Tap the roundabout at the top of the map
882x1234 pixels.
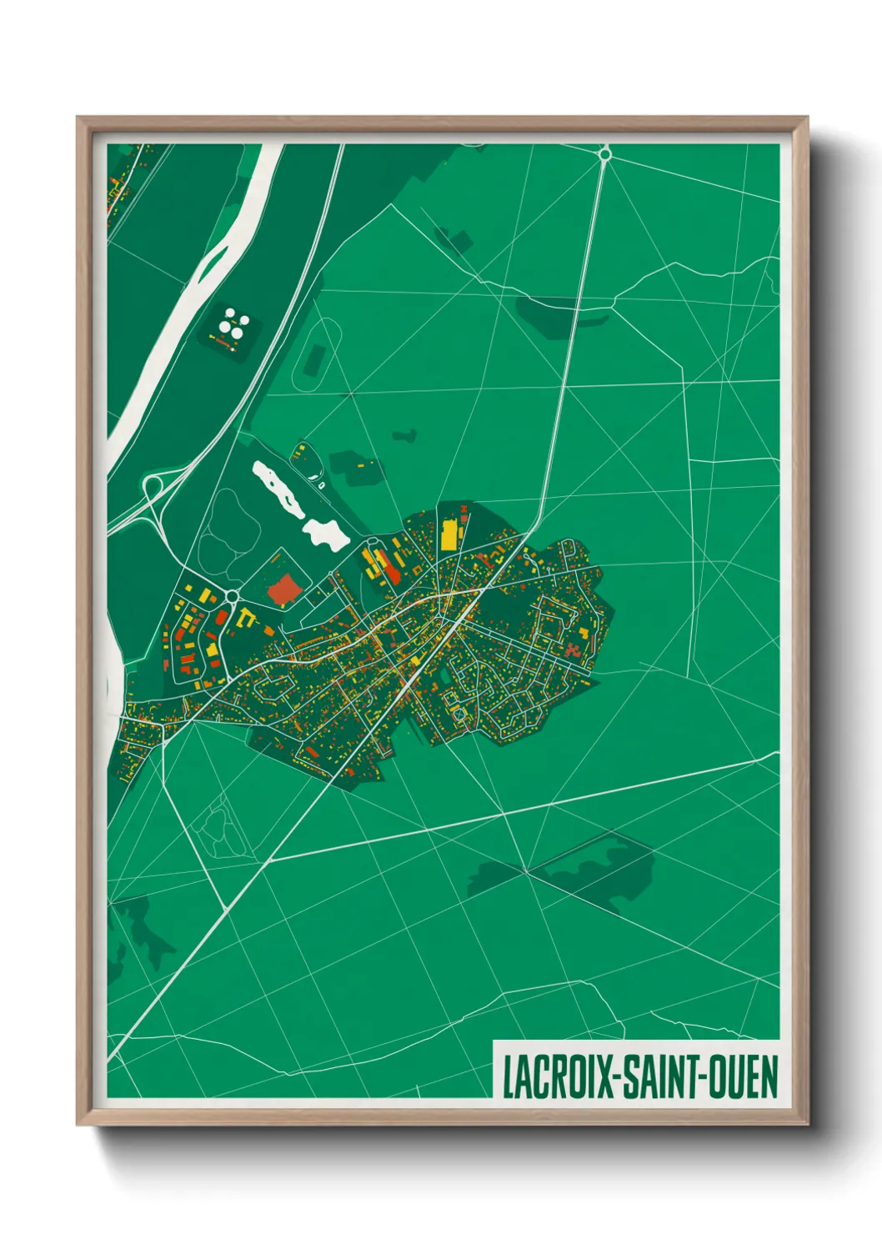tap(605, 153)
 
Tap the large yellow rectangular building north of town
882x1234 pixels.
tap(449, 534)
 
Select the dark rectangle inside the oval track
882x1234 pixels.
tap(314, 359)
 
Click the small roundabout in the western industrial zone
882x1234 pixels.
tap(231, 595)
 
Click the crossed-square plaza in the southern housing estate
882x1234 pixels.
tap(457, 714)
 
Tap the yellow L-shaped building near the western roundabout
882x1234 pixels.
tap(244, 618)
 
